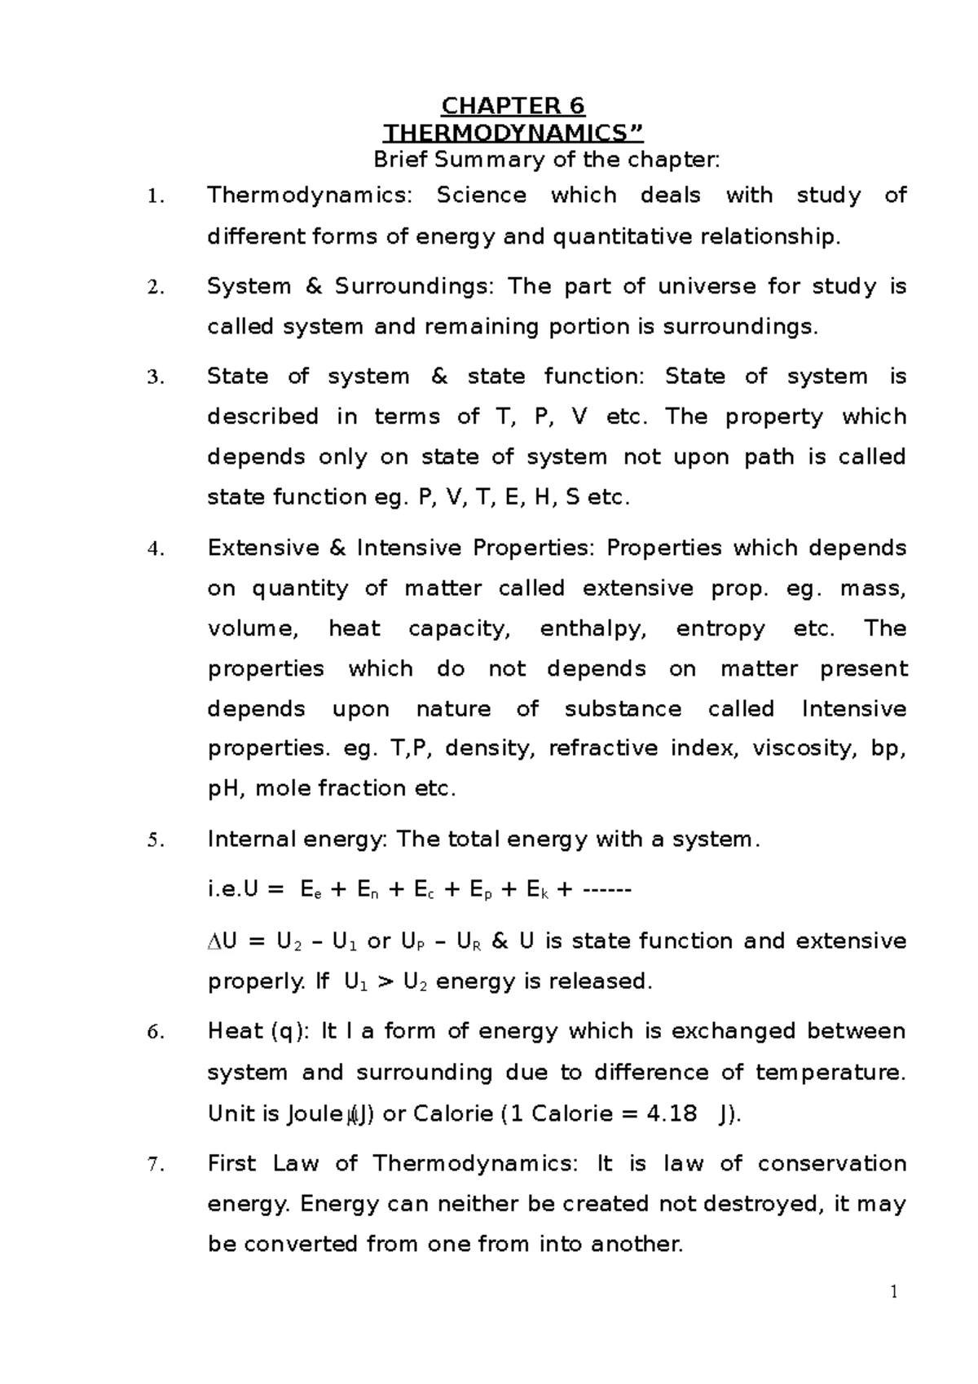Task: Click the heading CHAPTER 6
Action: (x=513, y=106)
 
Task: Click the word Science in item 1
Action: (x=481, y=196)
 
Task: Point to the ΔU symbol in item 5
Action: (x=222, y=941)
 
